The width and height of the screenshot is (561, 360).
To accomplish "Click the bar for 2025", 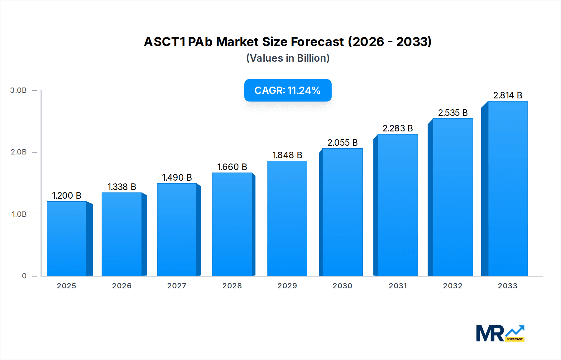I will pyautogui.click(x=66, y=239).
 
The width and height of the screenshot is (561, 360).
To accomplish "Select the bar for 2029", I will pyautogui.click(x=287, y=218).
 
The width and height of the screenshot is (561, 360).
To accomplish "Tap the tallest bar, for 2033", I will pyautogui.click(x=508, y=188).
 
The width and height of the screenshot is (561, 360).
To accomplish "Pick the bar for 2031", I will pyautogui.click(x=397, y=205).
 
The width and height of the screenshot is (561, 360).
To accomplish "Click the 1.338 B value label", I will pyautogui.click(x=122, y=187).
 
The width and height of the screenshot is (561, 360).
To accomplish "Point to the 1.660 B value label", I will pyautogui.click(x=232, y=167).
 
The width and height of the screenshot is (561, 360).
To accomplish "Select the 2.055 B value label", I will pyautogui.click(x=343, y=143).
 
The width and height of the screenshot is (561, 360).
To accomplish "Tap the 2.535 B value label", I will pyautogui.click(x=453, y=113).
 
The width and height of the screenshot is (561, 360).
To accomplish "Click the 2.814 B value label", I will pyautogui.click(x=508, y=95).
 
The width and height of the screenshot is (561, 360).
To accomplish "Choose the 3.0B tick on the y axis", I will pyautogui.click(x=18, y=90).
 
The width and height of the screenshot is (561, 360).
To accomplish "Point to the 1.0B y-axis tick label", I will pyautogui.click(x=19, y=214).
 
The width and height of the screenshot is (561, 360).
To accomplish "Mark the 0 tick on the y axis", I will pyautogui.click(x=24, y=276).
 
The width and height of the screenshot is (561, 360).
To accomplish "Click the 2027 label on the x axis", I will pyautogui.click(x=177, y=286).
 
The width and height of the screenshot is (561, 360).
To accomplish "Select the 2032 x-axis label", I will pyautogui.click(x=453, y=286).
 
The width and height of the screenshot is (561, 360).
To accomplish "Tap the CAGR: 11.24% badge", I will pyautogui.click(x=288, y=90).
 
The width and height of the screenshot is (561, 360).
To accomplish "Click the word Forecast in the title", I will pyautogui.click(x=317, y=42).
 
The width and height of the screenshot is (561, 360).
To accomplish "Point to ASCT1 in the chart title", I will pyautogui.click(x=165, y=42).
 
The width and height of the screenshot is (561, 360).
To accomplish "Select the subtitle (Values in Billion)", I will pyautogui.click(x=288, y=58).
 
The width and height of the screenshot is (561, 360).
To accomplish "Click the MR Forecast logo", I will pyautogui.click(x=500, y=333).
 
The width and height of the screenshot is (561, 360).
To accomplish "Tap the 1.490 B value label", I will pyautogui.click(x=177, y=178).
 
